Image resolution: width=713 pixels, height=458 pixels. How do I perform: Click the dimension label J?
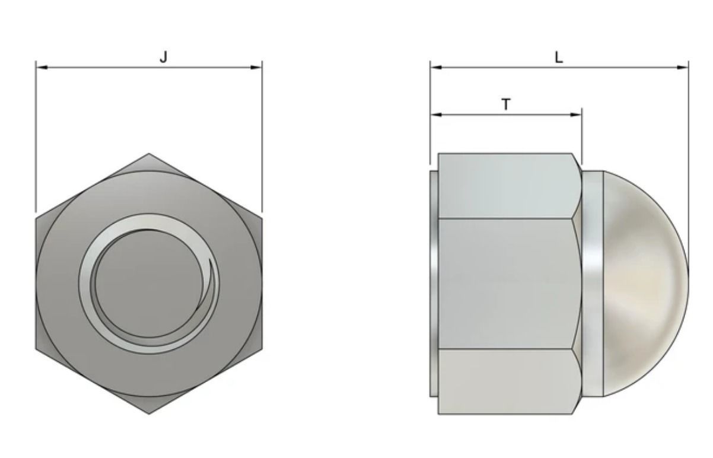pyautogui.click(x=164, y=57)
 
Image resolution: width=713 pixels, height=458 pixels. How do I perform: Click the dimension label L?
pyautogui.click(x=558, y=58)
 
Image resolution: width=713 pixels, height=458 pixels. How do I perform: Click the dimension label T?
pyautogui.click(x=505, y=105)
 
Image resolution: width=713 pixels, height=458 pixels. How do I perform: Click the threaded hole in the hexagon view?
pyautogui.click(x=148, y=284)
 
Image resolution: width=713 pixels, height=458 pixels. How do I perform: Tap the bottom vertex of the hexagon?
pyautogui.click(x=148, y=414)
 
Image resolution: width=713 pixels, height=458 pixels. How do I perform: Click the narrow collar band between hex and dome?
pyautogui.click(x=592, y=284)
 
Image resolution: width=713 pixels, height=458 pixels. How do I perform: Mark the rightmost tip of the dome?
pyautogui.click(x=688, y=284)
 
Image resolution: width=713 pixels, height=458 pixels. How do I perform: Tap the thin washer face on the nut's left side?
pyautogui.click(x=434, y=284)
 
